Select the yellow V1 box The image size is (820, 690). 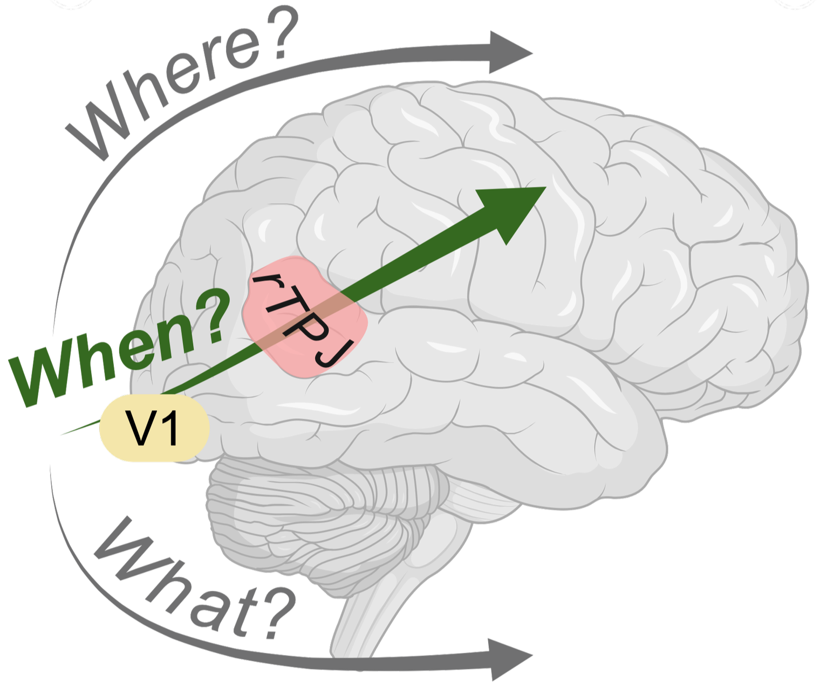pyautogui.click(x=154, y=428)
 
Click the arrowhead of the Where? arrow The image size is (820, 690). pyautogui.click(x=510, y=52)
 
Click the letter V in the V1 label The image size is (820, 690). pyautogui.click(x=139, y=428)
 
